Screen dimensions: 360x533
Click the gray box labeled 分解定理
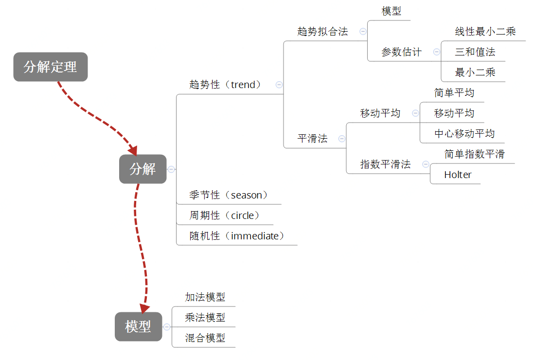point(51,67)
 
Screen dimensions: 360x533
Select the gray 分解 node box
point(142,169)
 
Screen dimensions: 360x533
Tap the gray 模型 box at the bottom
point(138,326)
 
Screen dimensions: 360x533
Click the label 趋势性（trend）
point(225,85)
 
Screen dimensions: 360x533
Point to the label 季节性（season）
point(229,195)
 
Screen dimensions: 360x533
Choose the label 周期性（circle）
point(225,216)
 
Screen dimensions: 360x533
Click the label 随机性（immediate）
point(237,236)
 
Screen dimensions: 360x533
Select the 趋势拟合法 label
point(323,32)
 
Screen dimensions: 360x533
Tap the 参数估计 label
point(401,52)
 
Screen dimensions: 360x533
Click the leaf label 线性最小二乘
point(485,32)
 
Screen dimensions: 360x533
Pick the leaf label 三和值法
point(475,52)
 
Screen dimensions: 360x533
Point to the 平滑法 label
point(313,139)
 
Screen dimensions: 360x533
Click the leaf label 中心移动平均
point(464,134)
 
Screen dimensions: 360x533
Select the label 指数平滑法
point(385,164)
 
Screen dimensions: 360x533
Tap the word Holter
point(458,175)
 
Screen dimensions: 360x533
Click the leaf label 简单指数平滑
point(474,154)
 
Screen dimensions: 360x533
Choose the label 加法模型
point(205,297)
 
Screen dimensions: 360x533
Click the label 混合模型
point(205,338)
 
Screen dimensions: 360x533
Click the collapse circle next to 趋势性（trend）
point(279,85)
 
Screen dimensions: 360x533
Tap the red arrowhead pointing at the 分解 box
point(132,149)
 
